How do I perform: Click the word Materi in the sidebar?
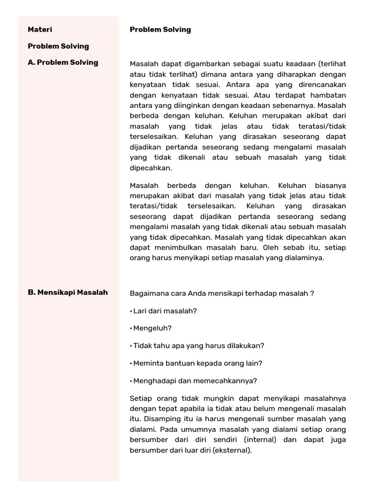40,30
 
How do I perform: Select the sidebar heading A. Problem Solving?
63,62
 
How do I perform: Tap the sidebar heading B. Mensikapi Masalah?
68,292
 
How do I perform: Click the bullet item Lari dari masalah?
164,310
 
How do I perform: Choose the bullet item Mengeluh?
151,328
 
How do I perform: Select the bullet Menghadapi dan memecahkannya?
193,380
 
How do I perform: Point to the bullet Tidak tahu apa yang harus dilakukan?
197,345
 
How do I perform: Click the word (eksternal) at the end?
232,450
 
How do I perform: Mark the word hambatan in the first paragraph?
329,95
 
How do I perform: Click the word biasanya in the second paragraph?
329,185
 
